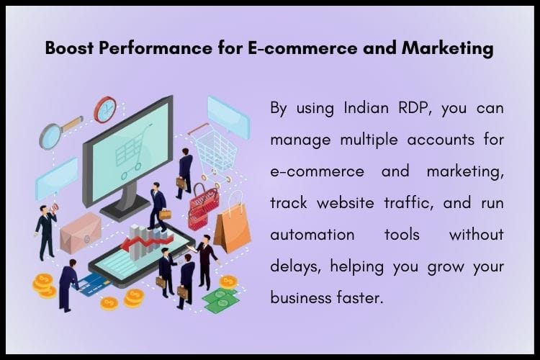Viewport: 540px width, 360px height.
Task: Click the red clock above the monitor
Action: [x=105, y=108]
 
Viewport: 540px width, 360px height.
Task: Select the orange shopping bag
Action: [x=232, y=226]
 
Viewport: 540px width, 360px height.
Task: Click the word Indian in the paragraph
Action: [x=344, y=109]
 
